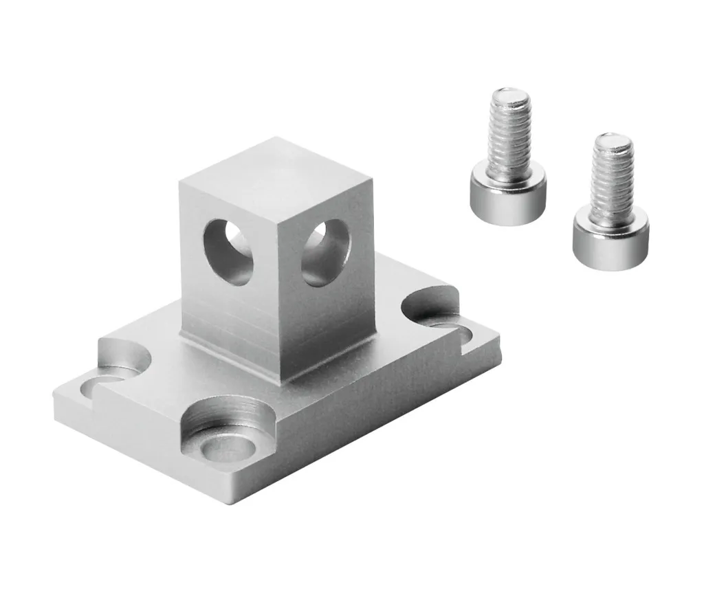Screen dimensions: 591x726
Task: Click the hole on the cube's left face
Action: (x=230, y=251)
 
